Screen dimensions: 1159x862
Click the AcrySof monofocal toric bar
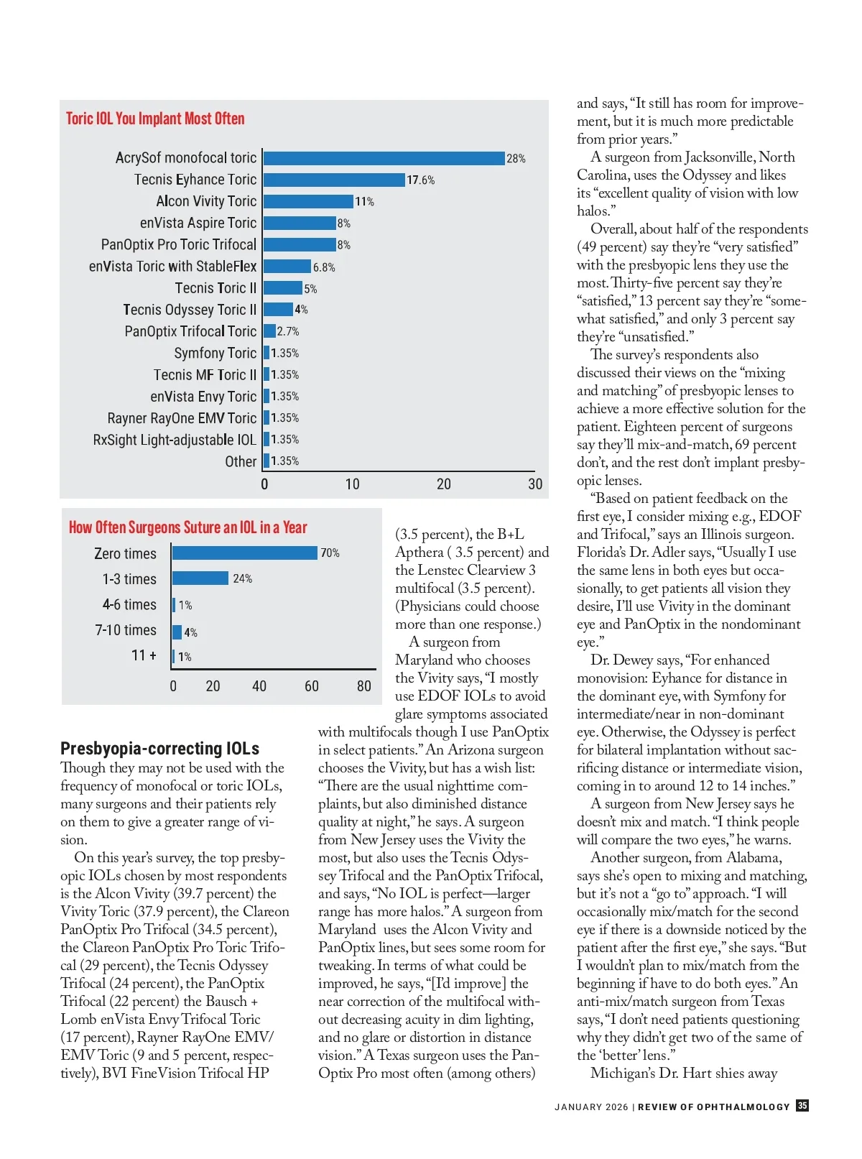coord(384,158)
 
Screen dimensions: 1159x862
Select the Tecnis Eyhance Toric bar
coord(334,180)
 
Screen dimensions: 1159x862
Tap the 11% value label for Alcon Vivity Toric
coord(365,202)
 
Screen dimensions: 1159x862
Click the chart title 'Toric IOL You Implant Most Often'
coord(155,119)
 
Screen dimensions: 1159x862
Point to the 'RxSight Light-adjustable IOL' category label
coord(175,440)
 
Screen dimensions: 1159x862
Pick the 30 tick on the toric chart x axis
coord(535,484)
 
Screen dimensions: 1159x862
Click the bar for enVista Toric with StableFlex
coord(287,267)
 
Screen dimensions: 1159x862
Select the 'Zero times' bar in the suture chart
coord(245,553)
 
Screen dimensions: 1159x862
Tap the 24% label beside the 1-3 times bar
coord(242,578)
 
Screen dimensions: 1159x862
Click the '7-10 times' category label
coord(126,630)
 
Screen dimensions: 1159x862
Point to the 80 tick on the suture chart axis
coord(364,686)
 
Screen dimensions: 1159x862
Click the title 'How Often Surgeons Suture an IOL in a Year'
coord(188,527)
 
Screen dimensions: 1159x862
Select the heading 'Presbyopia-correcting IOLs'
coord(159,748)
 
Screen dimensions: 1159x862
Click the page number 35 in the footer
coord(802,1106)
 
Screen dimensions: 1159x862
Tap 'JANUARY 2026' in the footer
coord(591,1107)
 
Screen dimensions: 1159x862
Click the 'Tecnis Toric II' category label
coord(215,288)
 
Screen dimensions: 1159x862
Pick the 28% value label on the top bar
coord(516,159)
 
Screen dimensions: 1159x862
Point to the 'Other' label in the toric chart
coord(241,461)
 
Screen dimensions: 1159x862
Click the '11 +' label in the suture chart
coord(144,655)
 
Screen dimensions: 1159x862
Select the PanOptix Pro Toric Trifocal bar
coord(300,245)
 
